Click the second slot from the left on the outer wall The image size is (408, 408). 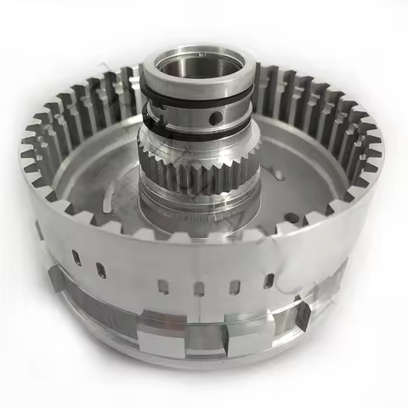pos(100,271)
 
